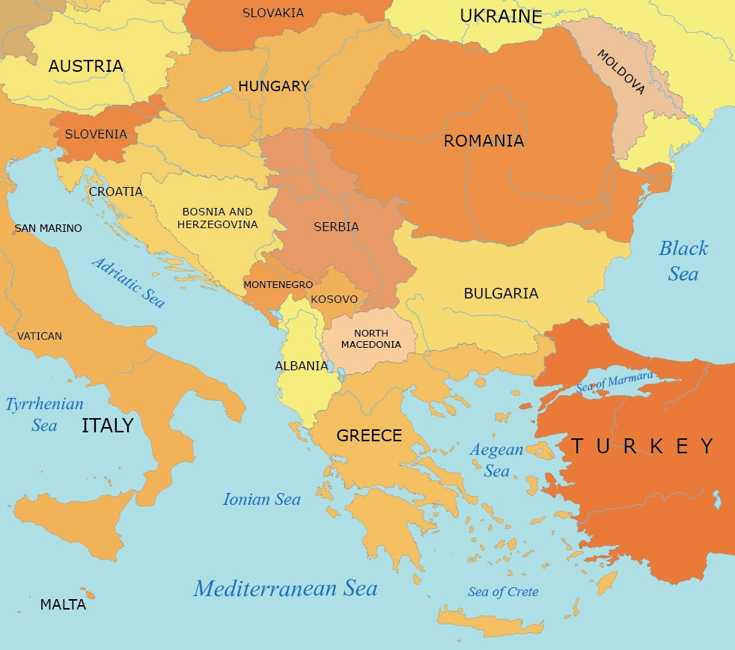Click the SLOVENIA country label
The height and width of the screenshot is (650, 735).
click(x=96, y=135)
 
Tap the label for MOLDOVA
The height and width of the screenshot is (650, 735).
click(x=620, y=72)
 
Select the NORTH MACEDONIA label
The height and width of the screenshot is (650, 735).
click(x=371, y=339)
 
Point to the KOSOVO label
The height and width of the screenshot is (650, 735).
click(x=334, y=299)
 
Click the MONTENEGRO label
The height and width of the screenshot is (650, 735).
click(x=278, y=285)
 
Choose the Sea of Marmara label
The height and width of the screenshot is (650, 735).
click(x=614, y=382)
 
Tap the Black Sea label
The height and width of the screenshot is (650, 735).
click(x=683, y=261)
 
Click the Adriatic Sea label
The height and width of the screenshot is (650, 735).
click(x=128, y=283)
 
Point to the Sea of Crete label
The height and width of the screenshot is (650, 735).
click(x=503, y=592)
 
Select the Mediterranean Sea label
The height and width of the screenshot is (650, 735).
click(x=285, y=589)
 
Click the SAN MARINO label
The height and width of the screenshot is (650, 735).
click(x=49, y=228)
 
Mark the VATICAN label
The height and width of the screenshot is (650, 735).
click(x=40, y=336)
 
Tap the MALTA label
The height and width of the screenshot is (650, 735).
click(x=63, y=605)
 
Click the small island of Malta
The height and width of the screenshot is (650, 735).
click(x=91, y=595)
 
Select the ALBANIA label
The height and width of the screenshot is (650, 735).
click(x=302, y=366)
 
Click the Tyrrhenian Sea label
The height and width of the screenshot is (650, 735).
click(x=44, y=414)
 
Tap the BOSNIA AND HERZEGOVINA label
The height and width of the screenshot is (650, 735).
click(x=217, y=218)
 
